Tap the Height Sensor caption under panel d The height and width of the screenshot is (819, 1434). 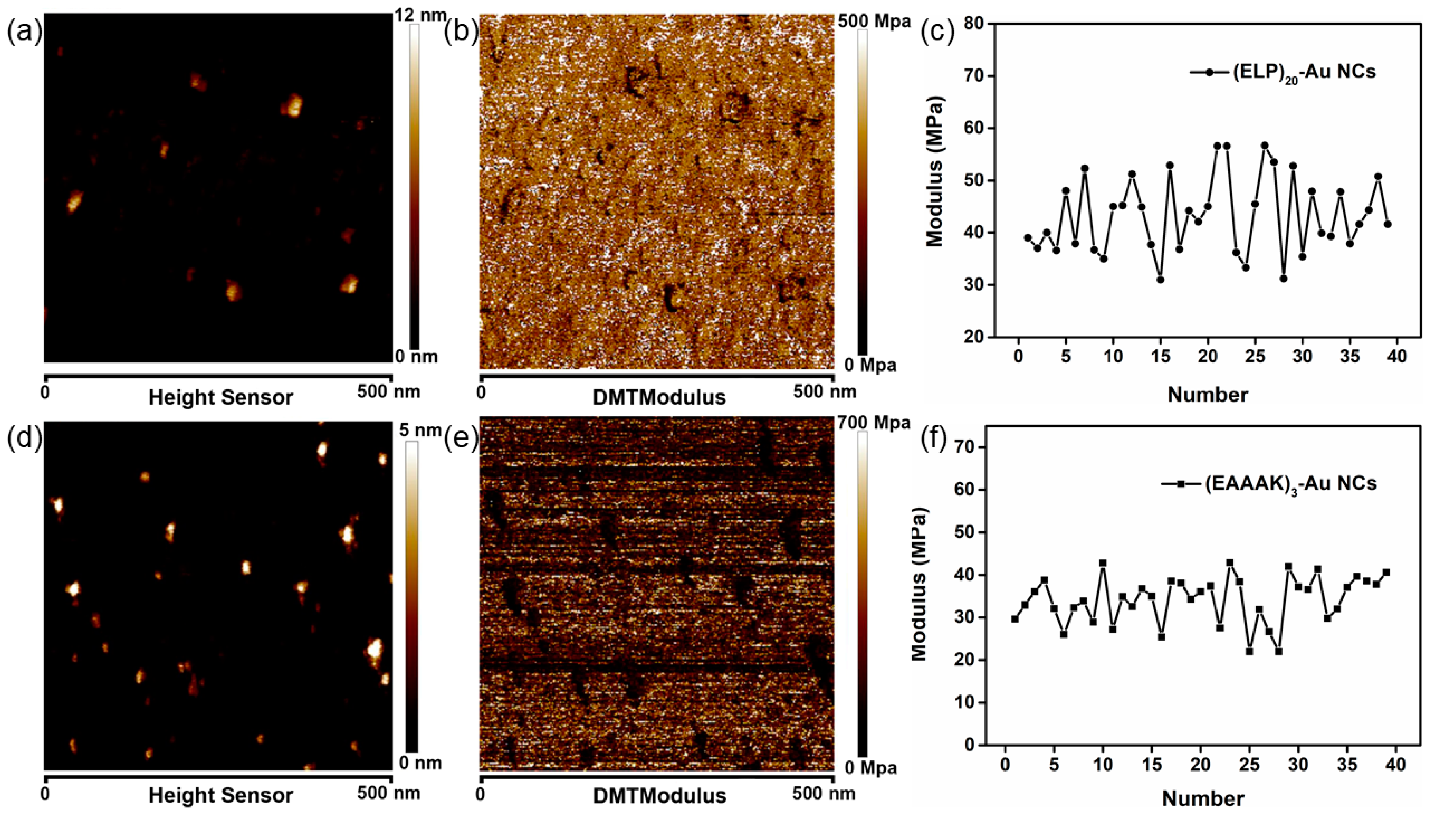click(x=221, y=795)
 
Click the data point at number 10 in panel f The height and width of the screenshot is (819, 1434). click(x=1103, y=579)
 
